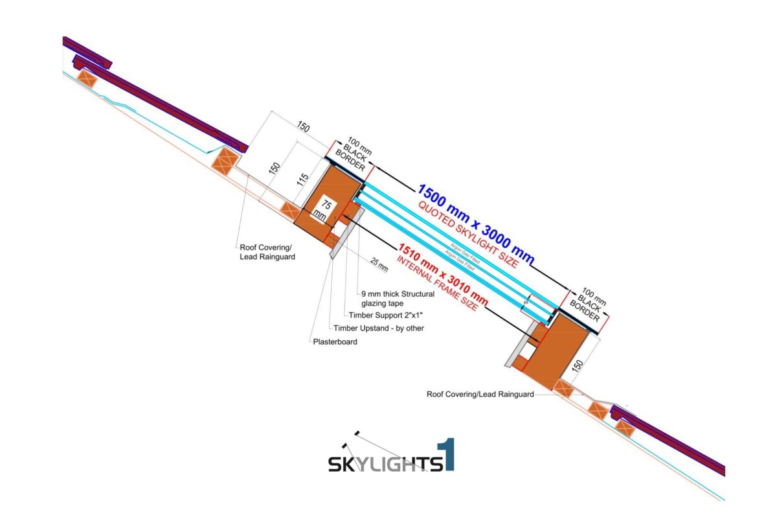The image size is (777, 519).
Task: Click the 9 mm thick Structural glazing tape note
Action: tap(398, 298)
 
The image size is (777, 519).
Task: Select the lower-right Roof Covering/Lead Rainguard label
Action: tap(480, 393)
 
